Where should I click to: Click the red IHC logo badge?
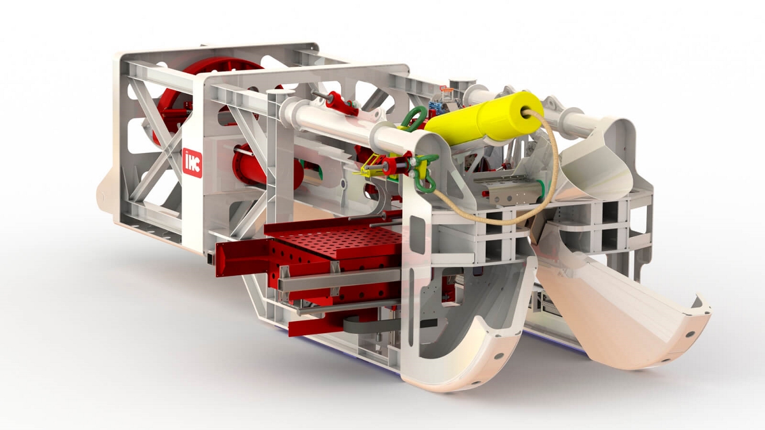tap(193, 163)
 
